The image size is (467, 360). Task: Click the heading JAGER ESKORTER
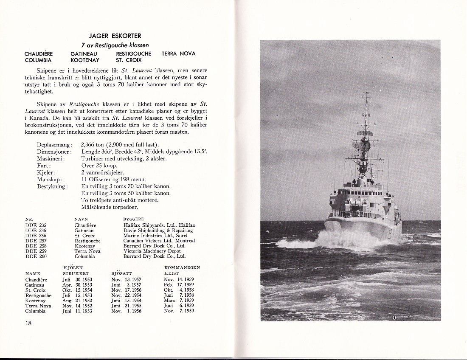tap(115, 36)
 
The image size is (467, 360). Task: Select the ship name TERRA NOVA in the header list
tap(178, 54)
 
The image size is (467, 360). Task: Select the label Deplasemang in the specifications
tap(55, 145)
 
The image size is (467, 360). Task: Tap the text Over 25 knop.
tap(99, 166)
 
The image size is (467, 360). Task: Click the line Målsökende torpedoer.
tap(109, 207)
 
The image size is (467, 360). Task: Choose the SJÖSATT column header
tap(121, 273)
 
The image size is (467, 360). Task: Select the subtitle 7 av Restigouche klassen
tap(115, 45)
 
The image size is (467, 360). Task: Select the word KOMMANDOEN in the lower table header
tap(182, 267)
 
